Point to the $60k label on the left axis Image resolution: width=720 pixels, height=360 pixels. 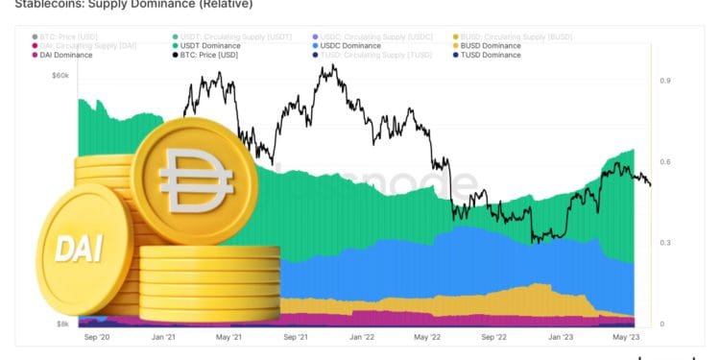(x=60, y=75)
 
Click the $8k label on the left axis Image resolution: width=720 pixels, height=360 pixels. (x=61, y=324)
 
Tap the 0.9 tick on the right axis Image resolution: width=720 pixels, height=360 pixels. (x=664, y=82)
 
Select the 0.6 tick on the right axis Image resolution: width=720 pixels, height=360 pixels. (x=664, y=162)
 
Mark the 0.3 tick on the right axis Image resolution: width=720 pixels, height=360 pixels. (x=664, y=244)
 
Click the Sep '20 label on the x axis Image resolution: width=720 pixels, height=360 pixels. (x=97, y=338)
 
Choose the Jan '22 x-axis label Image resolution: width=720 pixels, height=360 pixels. (x=361, y=338)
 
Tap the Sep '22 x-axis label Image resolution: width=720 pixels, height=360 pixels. (x=492, y=338)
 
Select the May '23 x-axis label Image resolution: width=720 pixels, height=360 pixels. (x=625, y=338)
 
